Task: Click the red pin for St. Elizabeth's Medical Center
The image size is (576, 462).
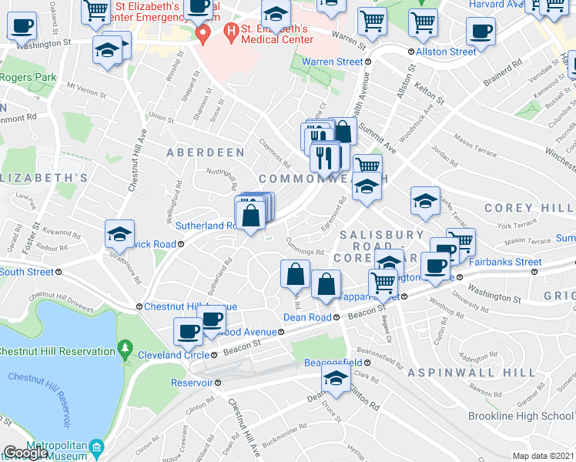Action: tap(203, 34)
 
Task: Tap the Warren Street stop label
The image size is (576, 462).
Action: tap(331, 62)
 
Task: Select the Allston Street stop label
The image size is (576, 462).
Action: tap(446, 52)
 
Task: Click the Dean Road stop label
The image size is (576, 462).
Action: tap(306, 316)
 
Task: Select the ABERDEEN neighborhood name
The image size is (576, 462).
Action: tap(206, 152)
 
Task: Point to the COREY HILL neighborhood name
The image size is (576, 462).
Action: tap(528, 208)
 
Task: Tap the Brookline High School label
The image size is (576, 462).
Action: tap(520, 416)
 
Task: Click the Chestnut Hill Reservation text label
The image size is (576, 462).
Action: tap(57, 352)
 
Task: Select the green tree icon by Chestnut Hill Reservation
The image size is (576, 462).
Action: tap(126, 352)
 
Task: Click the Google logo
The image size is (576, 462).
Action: tap(25, 453)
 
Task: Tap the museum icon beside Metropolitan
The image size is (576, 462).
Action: tap(96, 447)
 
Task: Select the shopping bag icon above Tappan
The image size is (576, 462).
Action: tap(327, 284)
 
